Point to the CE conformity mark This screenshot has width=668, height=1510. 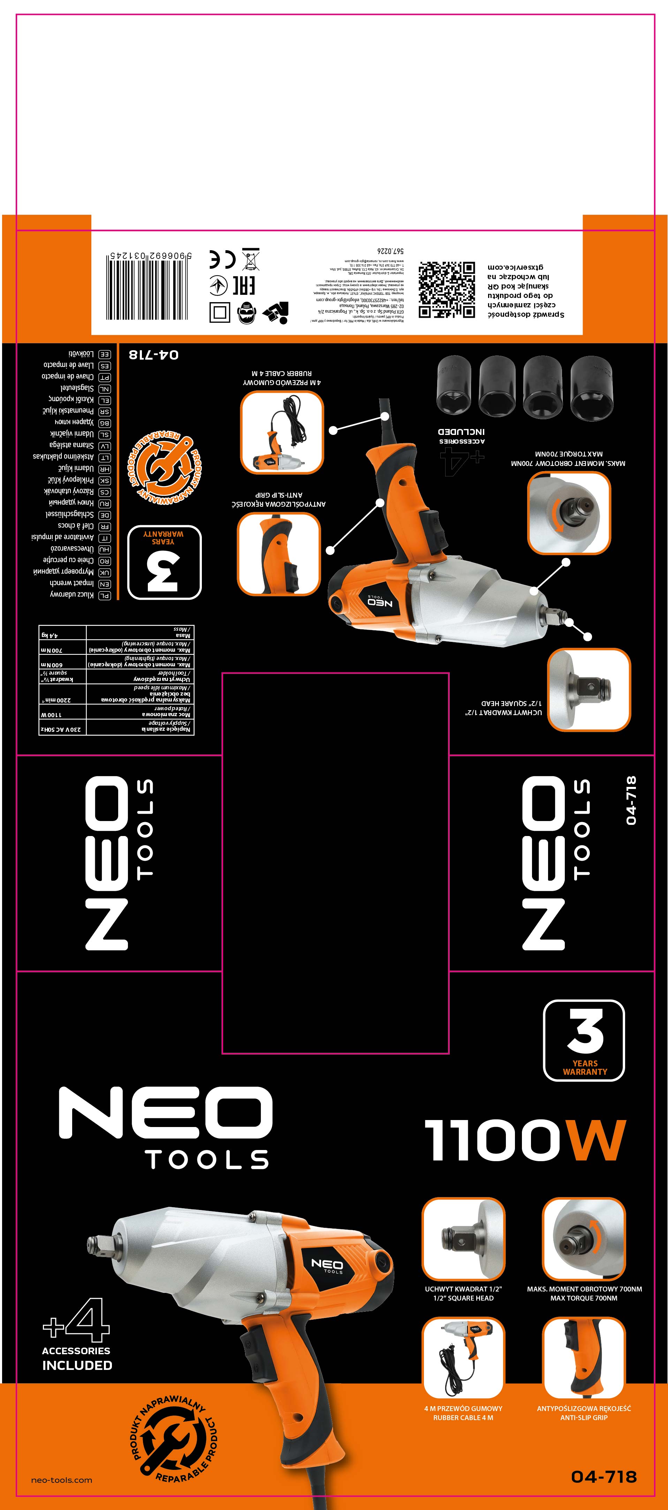pyautogui.click(x=222, y=259)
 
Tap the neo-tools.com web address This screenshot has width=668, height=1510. pyautogui.click(x=62, y=1480)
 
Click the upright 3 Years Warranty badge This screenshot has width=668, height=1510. pyautogui.click(x=584, y=1040)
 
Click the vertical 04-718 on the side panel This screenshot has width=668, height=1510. pyautogui.click(x=630, y=800)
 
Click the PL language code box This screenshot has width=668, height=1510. pyautogui.click(x=104, y=596)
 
